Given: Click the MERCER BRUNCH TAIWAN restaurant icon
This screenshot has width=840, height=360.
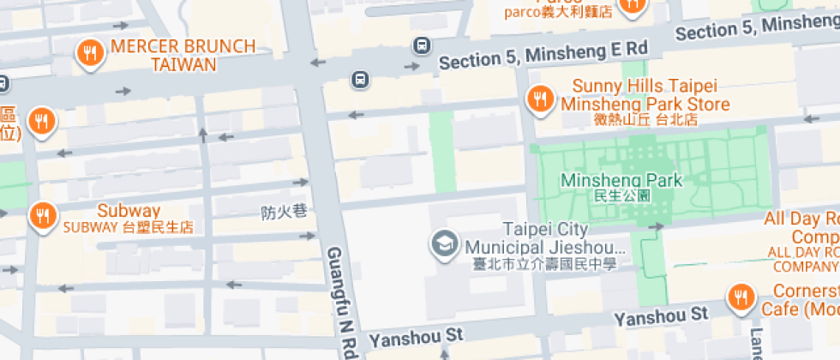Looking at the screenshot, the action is coord(90,54).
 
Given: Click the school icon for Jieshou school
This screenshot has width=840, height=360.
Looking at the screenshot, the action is coord(443,243).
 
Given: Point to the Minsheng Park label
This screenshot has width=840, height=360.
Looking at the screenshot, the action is coord(621,180).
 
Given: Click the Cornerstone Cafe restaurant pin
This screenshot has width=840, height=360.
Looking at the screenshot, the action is coord(740,298).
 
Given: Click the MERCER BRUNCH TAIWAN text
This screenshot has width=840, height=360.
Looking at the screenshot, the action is coord(183,55).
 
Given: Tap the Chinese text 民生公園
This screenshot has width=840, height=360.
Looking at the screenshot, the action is coord(621,195).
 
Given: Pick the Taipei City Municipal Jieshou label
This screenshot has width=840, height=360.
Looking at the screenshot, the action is coord(545,238).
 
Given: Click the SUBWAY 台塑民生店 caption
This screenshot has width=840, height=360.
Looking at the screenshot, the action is coord(129,227).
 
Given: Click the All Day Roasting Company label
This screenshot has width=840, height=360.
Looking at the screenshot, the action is coord(801,236).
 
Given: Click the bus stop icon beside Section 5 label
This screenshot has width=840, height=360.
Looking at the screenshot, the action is coord(421,45).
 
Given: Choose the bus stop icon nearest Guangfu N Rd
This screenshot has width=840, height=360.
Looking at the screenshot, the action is coord(361,81).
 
